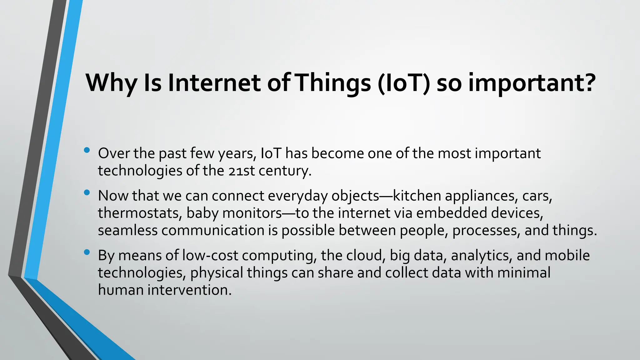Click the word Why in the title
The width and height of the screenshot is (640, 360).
coord(111,83)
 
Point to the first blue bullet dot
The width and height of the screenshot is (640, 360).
coord(87,150)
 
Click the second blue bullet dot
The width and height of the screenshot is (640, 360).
coord(87,192)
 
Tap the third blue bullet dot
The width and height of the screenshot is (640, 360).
coord(87,252)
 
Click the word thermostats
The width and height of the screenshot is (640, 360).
coord(140,213)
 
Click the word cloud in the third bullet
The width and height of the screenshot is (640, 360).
coord(364,256)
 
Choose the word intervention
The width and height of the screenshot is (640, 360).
coord(190,290)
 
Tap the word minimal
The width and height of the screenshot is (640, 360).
coord(524,273)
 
